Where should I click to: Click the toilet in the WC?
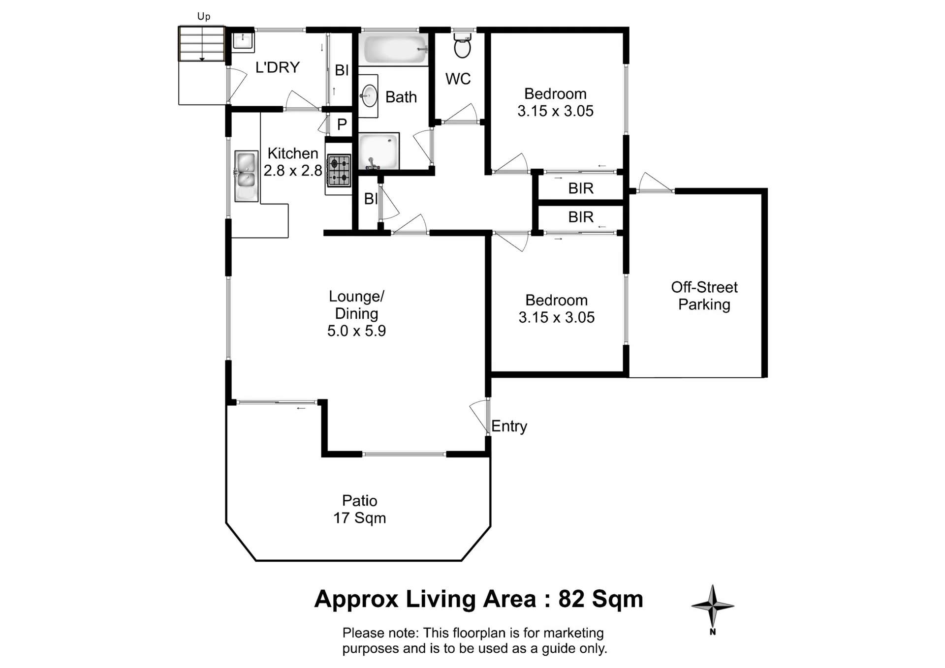(x=462, y=45)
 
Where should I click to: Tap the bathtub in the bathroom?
(x=396, y=49)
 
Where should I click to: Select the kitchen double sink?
(x=246, y=176)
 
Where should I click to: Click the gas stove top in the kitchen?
(x=339, y=170)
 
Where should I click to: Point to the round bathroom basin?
(x=369, y=95)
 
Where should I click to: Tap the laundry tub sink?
(x=243, y=40)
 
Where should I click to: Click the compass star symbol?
(x=713, y=606)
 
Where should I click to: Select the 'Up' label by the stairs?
(x=204, y=16)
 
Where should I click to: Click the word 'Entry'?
(x=509, y=426)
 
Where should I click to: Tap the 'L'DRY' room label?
(x=278, y=67)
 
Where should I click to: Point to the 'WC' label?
(x=458, y=79)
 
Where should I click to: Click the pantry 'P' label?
(x=342, y=124)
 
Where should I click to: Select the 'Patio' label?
(x=360, y=501)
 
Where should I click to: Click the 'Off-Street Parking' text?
(x=704, y=296)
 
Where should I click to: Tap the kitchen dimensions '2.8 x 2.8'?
(x=293, y=171)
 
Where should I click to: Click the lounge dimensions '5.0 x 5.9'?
(x=356, y=331)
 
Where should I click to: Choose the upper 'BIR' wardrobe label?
(x=581, y=188)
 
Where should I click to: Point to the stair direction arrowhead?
(x=202, y=60)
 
